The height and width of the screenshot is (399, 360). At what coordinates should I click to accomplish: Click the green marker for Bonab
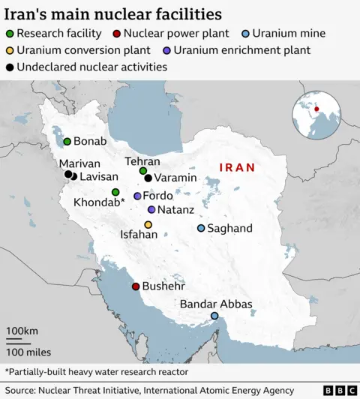coord(67,141)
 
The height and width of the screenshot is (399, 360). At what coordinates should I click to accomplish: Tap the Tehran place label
coord(142,161)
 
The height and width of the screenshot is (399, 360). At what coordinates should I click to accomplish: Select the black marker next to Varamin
coord(148,178)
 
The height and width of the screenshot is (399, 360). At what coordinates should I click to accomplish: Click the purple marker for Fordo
coord(137,196)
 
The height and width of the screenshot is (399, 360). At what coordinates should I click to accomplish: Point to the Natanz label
coord(177,210)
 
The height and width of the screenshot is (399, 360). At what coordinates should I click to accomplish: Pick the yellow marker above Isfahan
coord(148,224)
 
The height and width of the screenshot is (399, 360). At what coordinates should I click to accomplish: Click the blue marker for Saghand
coord(201,228)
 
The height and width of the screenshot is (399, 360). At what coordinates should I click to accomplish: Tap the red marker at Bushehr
coord(136,286)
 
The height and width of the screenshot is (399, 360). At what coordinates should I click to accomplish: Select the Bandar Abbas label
coord(216,304)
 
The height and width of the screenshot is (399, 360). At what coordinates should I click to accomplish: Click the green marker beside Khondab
coord(115,192)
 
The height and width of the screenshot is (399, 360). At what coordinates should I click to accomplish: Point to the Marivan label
coord(79,163)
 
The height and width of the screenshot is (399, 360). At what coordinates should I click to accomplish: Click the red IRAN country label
coord(236,168)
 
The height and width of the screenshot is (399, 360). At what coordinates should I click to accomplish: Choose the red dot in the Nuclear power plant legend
coord(115,34)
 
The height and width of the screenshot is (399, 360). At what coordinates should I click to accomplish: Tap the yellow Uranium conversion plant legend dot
coord(8,50)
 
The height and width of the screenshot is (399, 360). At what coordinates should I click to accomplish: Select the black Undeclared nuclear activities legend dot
coord(8,67)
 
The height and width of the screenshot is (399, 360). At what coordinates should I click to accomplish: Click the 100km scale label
coord(22,331)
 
